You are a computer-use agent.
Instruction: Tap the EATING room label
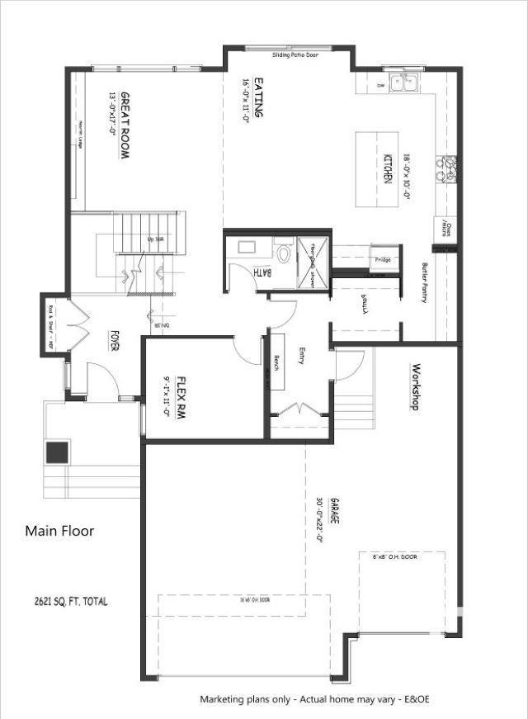(258, 97)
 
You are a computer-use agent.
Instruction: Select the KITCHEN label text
(387, 168)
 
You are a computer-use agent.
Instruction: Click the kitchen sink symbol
(403, 81)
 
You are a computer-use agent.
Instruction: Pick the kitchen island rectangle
(373, 169)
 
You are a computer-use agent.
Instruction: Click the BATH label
(259, 272)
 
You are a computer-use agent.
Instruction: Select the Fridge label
(382, 260)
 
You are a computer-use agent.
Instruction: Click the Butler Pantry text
(424, 282)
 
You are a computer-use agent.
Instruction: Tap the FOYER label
(115, 340)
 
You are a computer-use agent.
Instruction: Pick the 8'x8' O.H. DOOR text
(395, 558)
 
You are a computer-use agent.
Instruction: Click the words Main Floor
(59, 531)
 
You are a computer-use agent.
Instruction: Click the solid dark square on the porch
(57, 452)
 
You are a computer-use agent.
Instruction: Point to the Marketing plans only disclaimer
(314, 699)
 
